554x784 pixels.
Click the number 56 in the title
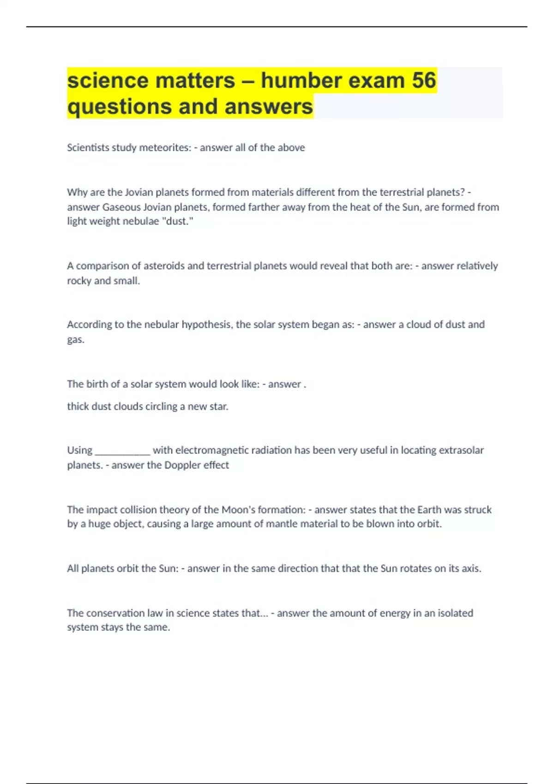424,80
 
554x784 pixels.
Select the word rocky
79,281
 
